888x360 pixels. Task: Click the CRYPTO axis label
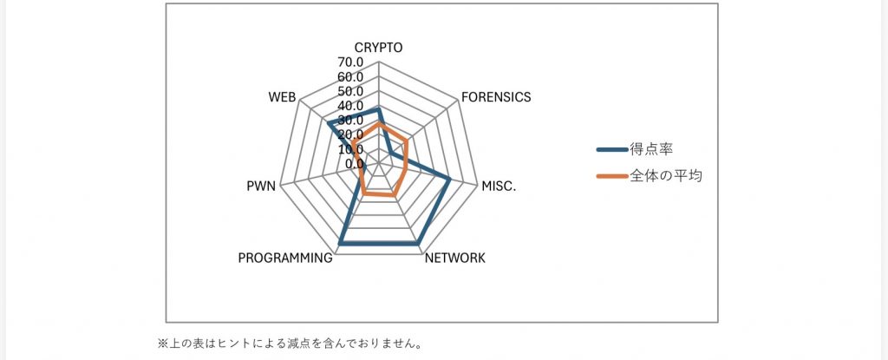(379, 48)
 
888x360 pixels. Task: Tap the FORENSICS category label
(495, 97)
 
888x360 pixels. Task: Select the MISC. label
(498, 185)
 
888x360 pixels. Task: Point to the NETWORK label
(455, 259)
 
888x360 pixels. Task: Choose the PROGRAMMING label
(285, 259)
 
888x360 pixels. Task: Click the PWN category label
(261, 185)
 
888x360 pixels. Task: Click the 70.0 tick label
(350, 63)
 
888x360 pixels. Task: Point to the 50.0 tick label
(350, 92)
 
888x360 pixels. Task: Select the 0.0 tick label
(354, 163)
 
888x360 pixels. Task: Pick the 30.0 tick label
(350, 121)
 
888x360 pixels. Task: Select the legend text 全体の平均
(666, 176)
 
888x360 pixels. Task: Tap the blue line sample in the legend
(612, 148)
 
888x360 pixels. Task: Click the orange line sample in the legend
(612, 176)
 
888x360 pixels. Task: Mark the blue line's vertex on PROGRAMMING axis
(341, 245)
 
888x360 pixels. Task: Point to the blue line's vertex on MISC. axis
(450, 180)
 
